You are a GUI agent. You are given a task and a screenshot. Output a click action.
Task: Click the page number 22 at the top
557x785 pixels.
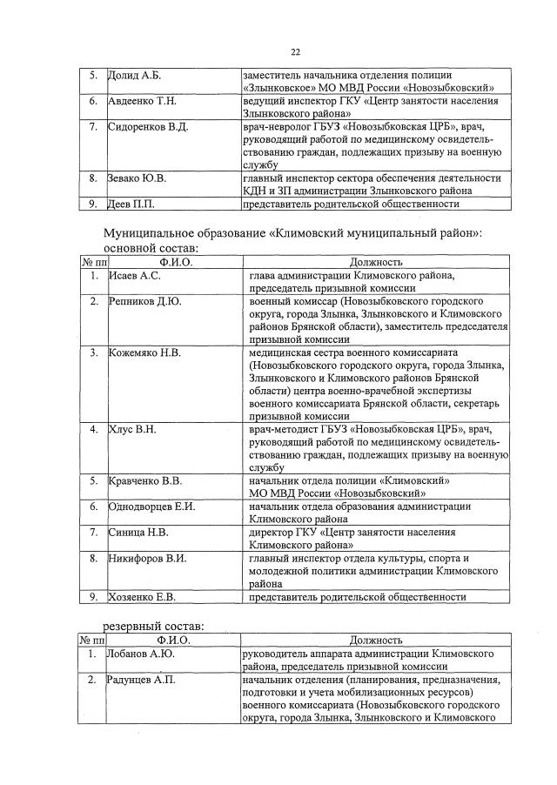click(x=295, y=52)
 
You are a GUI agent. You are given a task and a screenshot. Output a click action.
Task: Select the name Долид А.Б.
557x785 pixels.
click(x=135, y=77)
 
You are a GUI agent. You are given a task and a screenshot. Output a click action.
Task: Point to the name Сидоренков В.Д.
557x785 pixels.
click(x=147, y=127)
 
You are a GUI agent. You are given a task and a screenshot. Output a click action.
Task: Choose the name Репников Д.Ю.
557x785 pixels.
click(x=145, y=301)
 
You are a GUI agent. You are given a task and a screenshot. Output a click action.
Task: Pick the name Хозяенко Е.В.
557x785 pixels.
click(x=143, y=596)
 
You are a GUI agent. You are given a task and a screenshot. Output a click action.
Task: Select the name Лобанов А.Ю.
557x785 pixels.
click(x=141, y=654)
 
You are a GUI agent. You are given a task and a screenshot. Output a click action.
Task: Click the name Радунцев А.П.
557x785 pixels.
click(x=141, y=680)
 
